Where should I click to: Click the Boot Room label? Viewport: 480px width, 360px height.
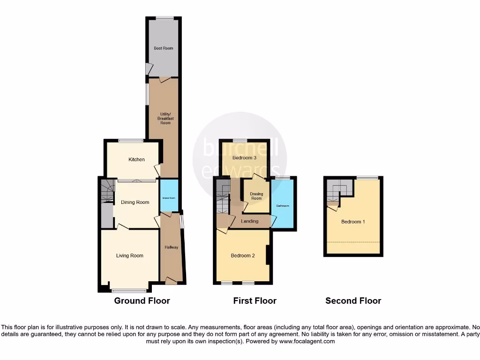[x=164, y=48]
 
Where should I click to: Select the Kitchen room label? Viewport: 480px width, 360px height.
[x=136, y=160]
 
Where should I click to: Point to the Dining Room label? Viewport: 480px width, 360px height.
[x=135, y=202]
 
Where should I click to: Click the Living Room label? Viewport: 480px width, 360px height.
[x=130, y=255]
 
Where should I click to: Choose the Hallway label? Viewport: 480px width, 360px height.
[x=171, y=247]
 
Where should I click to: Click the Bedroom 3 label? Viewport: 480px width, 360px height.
[x=245, y=158]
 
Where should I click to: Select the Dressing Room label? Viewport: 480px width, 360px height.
[x=256, y=196]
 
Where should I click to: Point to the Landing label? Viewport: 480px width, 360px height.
[x=249, y=221]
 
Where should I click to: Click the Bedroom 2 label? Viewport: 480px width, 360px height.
[x=243, y=255]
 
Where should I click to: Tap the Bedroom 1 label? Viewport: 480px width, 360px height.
[x=353, y=222]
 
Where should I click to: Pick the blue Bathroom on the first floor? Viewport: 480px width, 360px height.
[x=283, y=206]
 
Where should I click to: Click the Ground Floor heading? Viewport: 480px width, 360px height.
[x=142, y=301]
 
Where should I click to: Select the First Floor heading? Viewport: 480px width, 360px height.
[x=255, y=301]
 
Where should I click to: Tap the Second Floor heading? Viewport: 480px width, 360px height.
[x=353, y=301]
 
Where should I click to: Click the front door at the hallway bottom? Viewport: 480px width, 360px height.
[x=171, y=281]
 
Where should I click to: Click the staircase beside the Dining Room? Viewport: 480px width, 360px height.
[x=108, y=192]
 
